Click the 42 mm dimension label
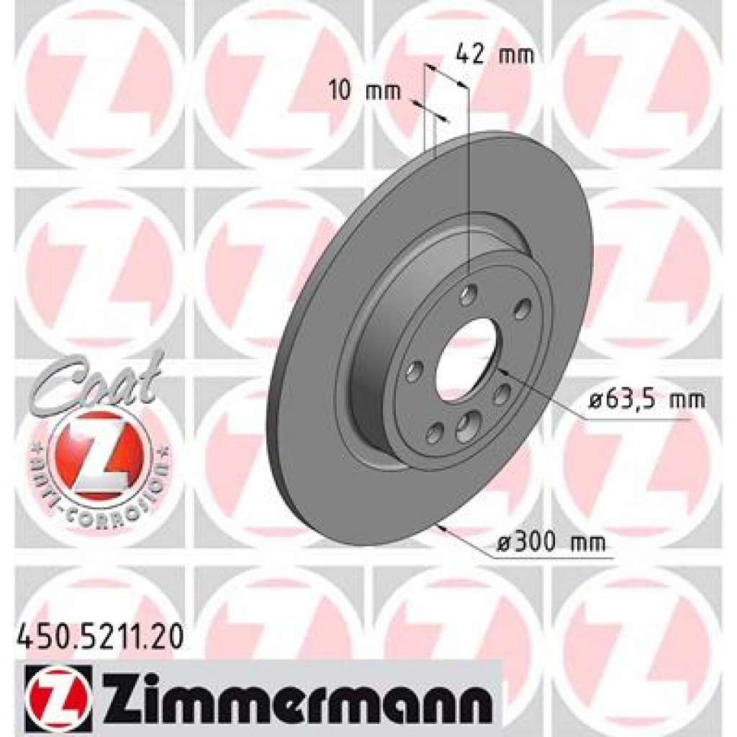(496, 55)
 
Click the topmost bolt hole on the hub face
(470, 294)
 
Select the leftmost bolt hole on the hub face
(413, 372)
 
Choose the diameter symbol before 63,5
(594, 400)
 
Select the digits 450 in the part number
(39, 637)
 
